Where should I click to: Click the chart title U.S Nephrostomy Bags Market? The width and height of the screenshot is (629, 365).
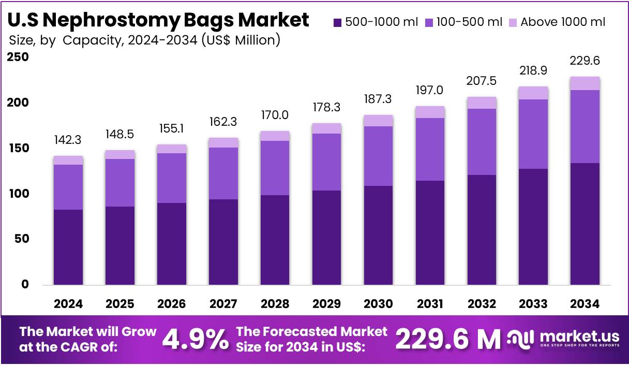click(x=159, y=20)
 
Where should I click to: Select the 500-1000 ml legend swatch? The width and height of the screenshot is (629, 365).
click(x=338, y=22)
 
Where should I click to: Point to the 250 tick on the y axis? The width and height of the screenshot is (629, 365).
click(x=18, y=57)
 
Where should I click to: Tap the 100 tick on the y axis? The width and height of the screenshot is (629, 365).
click(x=18, y=194)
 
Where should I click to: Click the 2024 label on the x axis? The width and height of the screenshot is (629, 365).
click(x=68, y=304)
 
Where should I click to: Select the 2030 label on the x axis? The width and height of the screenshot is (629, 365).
click(x=378, y=304)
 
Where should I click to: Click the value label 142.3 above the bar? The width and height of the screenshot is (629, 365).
click(x=68, y=140)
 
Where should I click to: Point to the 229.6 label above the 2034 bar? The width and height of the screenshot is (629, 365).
click(x=585, y=61)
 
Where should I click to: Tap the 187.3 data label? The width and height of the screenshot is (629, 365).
click(x=378, y=99)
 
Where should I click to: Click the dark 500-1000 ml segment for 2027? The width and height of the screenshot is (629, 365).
click(x=223, y=242)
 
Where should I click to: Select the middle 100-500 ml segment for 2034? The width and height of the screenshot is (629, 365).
click(x=585, y=126)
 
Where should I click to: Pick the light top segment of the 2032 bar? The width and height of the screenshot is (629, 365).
click(x=482, y=103)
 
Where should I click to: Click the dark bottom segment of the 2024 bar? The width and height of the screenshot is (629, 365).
click(x=68, y=247)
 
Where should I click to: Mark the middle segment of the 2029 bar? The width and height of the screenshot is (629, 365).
click(x=326, y=162)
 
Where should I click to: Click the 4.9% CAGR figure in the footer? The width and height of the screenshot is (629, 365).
click(x=195, y=340)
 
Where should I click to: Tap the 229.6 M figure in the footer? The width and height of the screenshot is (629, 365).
click(x=448, y=340)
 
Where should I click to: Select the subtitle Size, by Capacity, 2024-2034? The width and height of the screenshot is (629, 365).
click(x=145, y=40)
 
